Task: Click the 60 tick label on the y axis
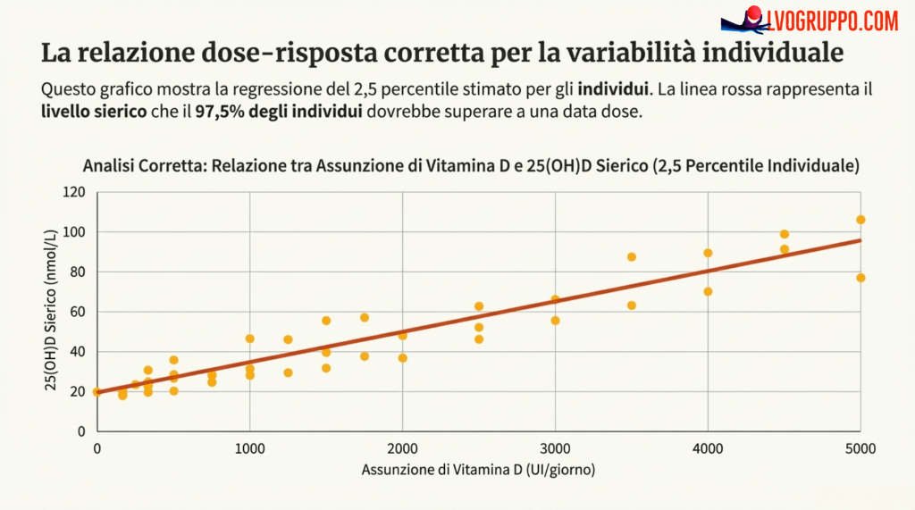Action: (x=77, y=312)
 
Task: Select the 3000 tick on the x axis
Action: (x=555, y=447)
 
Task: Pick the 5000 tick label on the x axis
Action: (x=860, y=447)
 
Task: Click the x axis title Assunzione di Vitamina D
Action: (x=478, y=470)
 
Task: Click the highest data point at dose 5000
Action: (x=860, y=220)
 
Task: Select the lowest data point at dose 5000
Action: (x=860, y=278)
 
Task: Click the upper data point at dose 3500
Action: (x=632, y=257)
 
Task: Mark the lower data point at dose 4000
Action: (x=708, y=291)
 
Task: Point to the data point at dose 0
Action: (x=97, y=392)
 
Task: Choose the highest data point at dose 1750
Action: (x=365, y=317)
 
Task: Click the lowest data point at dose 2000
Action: (x=402, y=358)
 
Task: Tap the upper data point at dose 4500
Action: (x=785, y=234)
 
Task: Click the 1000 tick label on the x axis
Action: (x=249, y=447)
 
